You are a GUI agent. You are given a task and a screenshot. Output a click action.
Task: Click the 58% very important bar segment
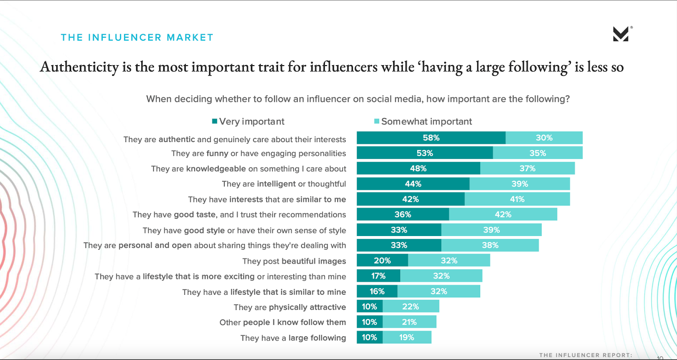point(431,138)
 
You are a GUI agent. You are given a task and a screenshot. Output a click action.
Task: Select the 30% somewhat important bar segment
point(544,138)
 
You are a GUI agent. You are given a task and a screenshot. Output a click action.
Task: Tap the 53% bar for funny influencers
point(424,153)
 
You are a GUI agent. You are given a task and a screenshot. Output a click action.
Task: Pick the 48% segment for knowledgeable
point(418,168)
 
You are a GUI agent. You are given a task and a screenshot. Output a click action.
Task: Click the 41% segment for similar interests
point(517,199)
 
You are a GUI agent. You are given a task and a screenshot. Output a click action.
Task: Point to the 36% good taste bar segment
point(402,214)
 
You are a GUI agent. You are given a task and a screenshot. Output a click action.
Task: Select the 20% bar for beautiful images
point(382,261)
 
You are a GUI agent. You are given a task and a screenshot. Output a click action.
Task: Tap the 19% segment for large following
point(407,338)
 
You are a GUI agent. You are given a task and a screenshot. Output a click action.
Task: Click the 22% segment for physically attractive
point(410,307)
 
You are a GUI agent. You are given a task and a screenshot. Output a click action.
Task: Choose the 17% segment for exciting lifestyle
point(378,276)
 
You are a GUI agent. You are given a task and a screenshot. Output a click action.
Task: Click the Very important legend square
point(215,121)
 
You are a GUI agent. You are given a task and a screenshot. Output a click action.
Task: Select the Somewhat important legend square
point(377,121)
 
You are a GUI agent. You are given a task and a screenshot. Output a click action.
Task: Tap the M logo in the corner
point(621,34)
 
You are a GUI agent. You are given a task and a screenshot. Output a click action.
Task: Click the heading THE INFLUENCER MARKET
point(137,38)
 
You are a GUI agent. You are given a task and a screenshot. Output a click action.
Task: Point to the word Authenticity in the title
point(79,67)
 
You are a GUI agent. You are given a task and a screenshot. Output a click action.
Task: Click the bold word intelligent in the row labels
point(276,184)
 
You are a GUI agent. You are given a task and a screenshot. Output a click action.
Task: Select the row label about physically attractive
point(289,307)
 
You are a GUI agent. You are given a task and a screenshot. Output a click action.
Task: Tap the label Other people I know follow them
point(282,322)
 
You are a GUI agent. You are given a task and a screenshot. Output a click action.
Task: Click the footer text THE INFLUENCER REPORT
point(586,355)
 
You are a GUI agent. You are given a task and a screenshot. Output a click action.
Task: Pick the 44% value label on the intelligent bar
point(413,184)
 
